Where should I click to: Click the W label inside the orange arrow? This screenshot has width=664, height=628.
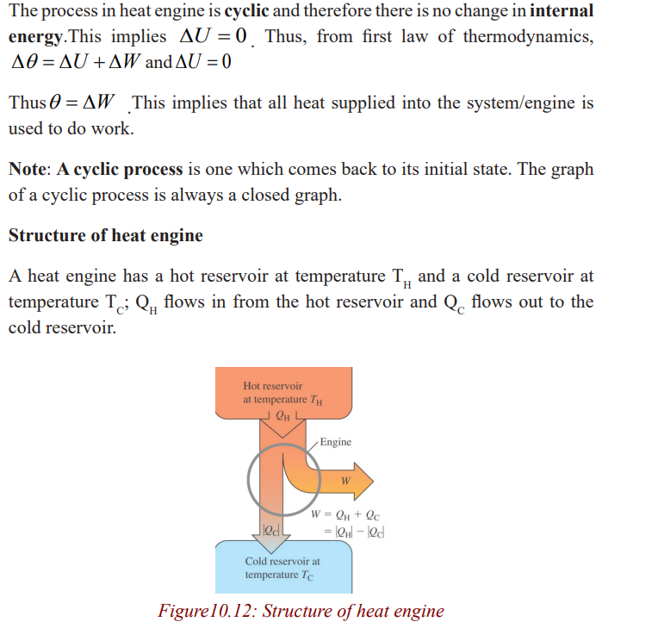(345, 481)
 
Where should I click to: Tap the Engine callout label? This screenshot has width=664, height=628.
(335, 442)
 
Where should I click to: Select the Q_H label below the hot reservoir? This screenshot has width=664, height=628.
(282, 416)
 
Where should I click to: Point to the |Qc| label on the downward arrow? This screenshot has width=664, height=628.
(271, 530)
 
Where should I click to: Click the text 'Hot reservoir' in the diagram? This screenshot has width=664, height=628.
(273, 386)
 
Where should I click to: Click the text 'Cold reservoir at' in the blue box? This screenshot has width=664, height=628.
(282, 561)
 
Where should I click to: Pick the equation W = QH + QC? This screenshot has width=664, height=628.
(345, 515)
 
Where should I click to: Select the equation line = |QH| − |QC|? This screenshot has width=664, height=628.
(354, 532)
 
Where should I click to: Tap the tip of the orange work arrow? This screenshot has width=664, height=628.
(373, 481)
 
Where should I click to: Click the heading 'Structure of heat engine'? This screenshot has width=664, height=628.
(106, 235)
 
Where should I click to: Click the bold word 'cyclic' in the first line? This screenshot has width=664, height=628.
(246, 10)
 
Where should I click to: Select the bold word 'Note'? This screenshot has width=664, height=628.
(28, 169)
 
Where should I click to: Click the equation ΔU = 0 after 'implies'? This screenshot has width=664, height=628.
(213, 36)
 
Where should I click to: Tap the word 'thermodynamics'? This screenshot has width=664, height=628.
(528, 37)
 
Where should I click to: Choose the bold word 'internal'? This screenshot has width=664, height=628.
(562, 10)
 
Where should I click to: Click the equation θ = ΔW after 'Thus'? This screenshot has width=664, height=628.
(82, 102)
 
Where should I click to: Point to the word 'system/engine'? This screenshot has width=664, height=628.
(520, 103)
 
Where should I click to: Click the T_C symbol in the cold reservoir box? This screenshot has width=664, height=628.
(307, 575)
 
